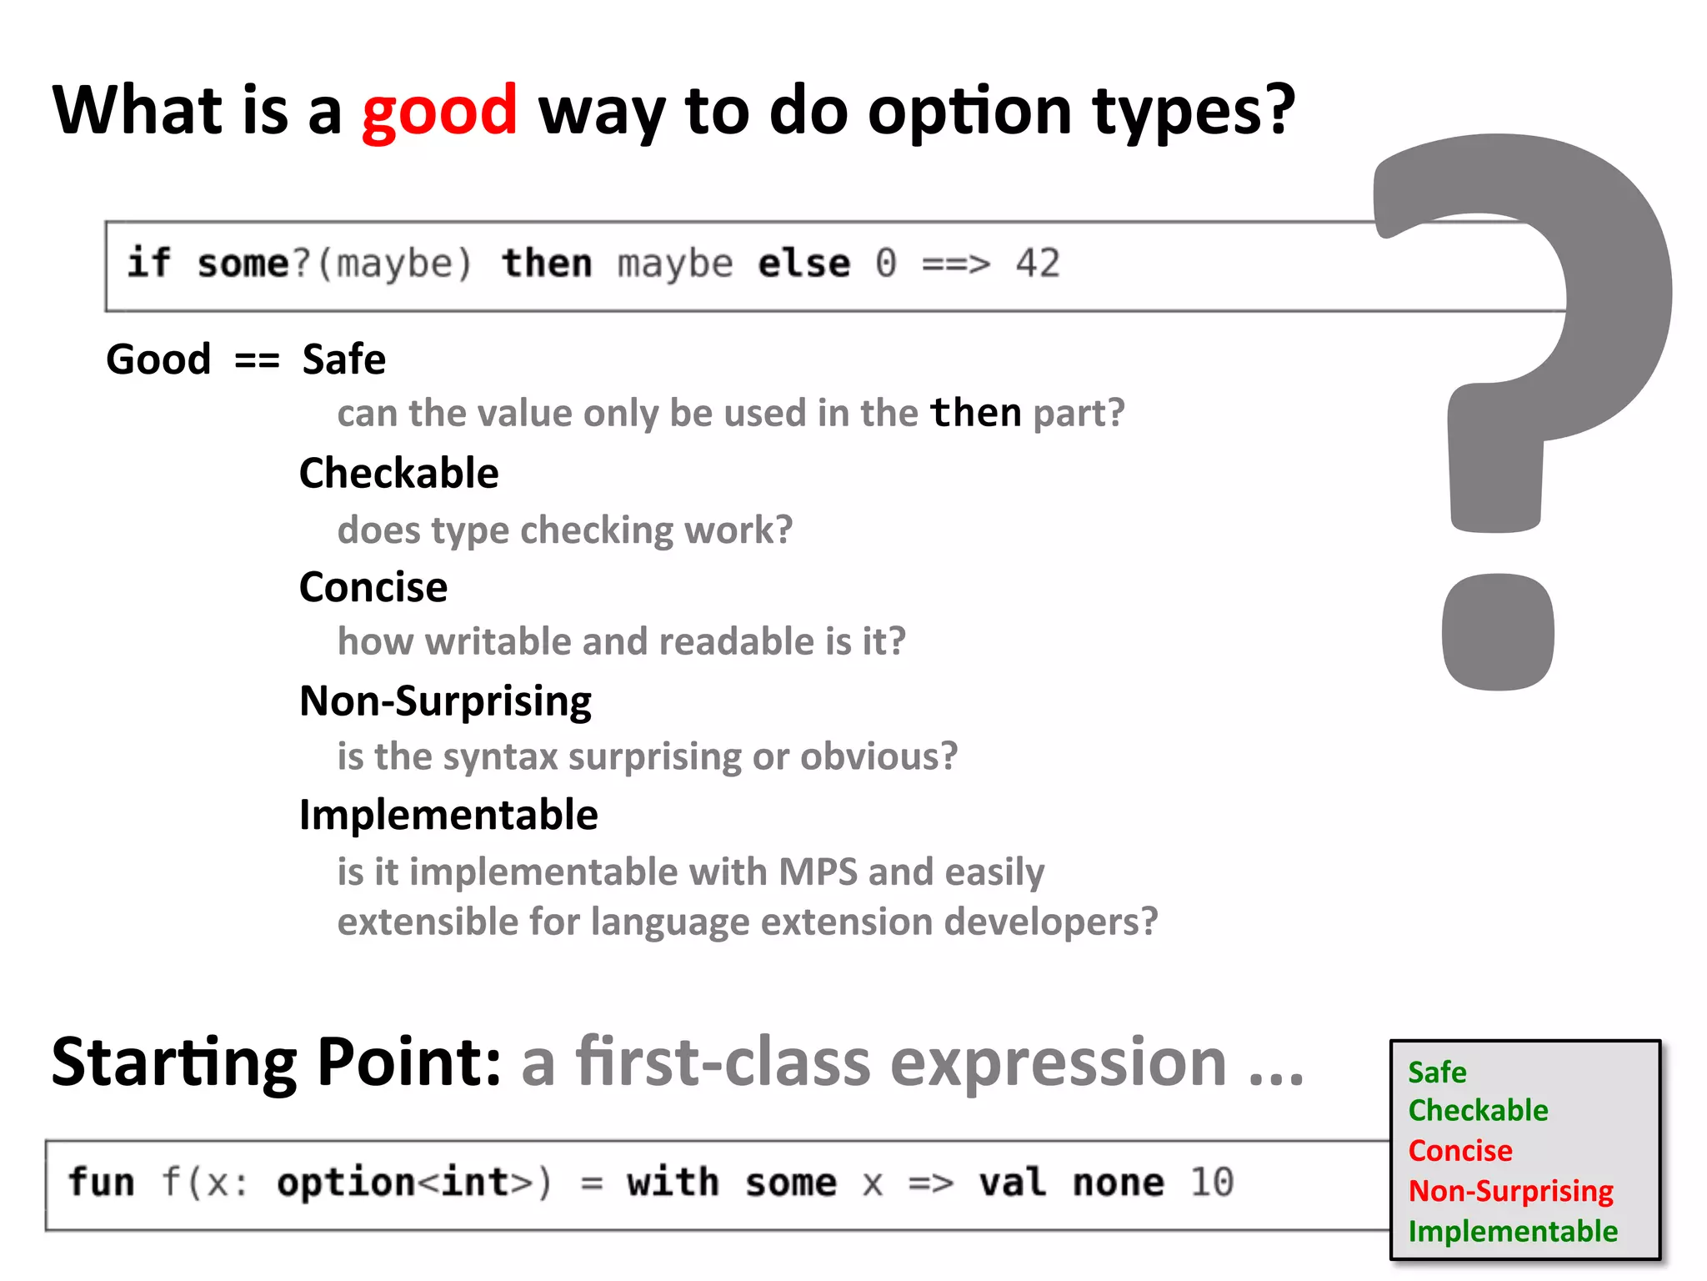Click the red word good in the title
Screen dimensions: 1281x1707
coord(439,111)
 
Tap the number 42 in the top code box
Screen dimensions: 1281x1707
coord(1038,264)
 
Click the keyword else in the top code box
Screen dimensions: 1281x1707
coord(804,264)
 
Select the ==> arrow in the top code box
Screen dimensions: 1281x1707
coord(956,264)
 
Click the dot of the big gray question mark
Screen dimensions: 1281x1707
coord(1498,631)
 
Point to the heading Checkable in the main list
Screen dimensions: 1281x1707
coord(398,473)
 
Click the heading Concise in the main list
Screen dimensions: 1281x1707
coord(373,587)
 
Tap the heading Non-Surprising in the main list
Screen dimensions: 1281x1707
coord(445,701)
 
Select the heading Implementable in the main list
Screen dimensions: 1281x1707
coord(448,815)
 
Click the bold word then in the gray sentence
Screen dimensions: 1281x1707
coord(975,413)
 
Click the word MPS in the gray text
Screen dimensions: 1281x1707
coord(818,872)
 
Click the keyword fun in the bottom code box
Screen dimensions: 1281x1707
coord(101,1182)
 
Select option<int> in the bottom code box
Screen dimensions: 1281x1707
coord(404,1182)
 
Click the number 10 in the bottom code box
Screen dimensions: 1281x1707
coord(1211,1182)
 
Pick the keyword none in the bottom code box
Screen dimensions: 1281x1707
coord(1118,1182)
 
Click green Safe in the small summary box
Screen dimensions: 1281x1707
coord(1437,1073)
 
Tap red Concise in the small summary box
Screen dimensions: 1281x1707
coord(1460,1151)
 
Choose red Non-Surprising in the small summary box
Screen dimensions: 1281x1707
coord(1510,1191)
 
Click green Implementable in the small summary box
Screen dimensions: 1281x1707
coord(1513,1231)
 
